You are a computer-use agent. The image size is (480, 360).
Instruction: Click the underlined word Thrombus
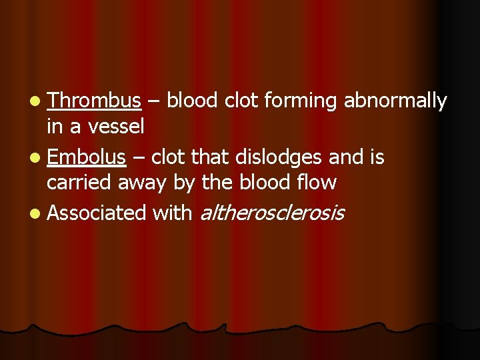(x=94, y=101)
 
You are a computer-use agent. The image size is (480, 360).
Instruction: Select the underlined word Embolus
(x=86, y=158)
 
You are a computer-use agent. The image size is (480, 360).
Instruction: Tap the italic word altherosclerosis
(x=272, y=213)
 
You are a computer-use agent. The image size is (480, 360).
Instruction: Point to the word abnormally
(x=395, y=101)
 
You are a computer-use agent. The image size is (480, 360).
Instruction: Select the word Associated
(x=97, y=213)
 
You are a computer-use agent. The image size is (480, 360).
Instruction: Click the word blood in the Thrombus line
(x=193, y=101)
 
